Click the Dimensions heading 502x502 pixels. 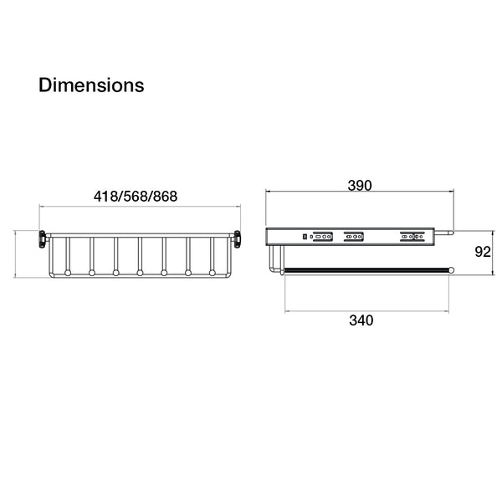click(91, 85)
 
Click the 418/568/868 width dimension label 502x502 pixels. click(136, 197)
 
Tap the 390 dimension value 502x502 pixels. click(360, 186)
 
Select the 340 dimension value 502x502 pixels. click(361, 320)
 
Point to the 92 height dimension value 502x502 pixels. click(483, 253)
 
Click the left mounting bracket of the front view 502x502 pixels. click(43, 239)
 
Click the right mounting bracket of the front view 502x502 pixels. click(237, 239)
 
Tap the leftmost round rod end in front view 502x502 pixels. click(68, 273)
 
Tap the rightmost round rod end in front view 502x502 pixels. click(212, 273)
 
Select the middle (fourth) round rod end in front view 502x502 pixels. click(140, 273)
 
